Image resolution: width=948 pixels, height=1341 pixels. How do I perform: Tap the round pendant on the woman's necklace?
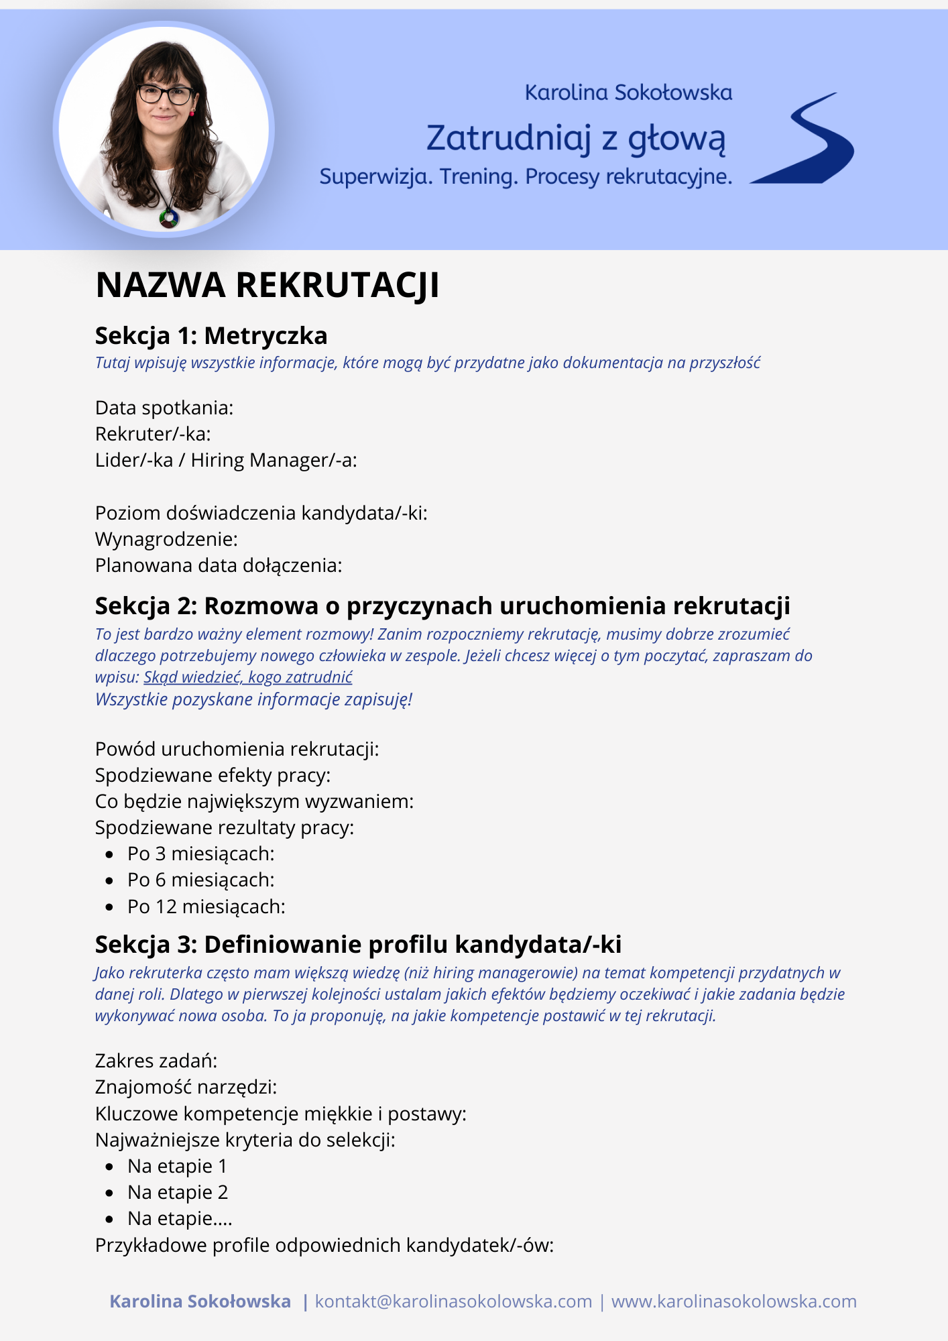(x=169, y=217)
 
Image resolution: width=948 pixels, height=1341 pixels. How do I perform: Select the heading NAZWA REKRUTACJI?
(x=268, y=285)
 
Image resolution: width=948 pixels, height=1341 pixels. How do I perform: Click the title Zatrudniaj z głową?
(x=576, y=138)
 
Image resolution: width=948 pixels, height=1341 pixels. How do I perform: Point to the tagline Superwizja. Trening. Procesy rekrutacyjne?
(x=526, y=176)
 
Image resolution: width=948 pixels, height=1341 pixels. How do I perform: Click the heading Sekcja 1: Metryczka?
(x=211, y=335)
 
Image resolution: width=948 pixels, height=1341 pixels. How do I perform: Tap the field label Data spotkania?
(x=164, y=408)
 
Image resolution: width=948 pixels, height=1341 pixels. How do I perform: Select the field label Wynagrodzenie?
(x=166, y=539)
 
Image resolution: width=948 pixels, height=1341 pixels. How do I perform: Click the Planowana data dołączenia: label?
(x=219, y=565)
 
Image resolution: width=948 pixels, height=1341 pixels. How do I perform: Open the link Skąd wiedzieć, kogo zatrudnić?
(x=248, y=677)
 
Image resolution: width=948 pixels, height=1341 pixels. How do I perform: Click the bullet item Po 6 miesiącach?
(x=201, y=880)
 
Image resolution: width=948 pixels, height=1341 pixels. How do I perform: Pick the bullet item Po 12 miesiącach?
(x=206, y=907)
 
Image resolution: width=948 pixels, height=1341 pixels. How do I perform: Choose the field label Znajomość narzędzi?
(x=186, y=1086)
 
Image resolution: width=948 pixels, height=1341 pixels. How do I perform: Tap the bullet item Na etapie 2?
(x=178, y=1192)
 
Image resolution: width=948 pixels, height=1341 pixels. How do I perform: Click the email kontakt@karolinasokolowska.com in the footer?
(x=454, y=1301)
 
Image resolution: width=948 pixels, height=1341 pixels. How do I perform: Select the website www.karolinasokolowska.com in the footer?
(x=734, y=1301)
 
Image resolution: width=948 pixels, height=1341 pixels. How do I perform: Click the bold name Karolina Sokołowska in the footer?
(x=200, y=1301)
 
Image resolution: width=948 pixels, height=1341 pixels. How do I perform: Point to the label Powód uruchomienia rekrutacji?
(x=237, y=749)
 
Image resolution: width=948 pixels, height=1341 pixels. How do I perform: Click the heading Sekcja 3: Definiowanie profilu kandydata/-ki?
(x=358, y=944)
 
